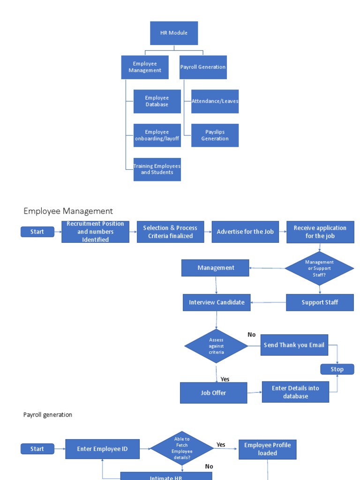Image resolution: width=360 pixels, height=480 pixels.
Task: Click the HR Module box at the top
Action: point(174,33)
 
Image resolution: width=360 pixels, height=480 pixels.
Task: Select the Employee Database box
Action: point(157,101)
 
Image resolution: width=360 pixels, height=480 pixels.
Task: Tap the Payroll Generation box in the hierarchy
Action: point(203,67)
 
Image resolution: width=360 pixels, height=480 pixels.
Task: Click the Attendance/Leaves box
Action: point(215,101)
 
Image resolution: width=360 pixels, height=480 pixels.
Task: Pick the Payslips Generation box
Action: point(215,135)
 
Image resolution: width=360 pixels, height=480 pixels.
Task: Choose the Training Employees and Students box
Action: point(157,169)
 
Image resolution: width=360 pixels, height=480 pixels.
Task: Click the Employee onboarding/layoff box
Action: point(157,135)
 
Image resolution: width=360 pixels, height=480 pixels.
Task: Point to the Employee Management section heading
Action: point(68,211)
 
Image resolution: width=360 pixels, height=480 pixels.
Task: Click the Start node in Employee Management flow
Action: point(37,232)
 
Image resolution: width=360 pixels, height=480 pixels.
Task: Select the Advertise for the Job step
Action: point(245,232)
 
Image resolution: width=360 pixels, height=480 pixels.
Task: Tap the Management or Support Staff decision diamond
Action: point(319,269)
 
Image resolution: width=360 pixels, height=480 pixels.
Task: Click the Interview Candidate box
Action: point(217,302)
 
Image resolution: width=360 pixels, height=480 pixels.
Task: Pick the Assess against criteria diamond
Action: point(216,346)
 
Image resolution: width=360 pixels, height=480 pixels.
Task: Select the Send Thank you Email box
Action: point(294,345)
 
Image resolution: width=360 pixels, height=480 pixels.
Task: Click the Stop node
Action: point(337,369)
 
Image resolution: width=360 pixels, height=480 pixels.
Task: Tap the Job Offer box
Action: point(213,393)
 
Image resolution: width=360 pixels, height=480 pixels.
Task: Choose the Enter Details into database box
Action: point(295,392)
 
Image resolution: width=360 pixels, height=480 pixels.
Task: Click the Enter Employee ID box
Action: point(102,449)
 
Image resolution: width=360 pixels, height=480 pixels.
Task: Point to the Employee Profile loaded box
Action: point(267,449)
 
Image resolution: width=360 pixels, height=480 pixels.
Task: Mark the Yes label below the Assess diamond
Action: point(225,379)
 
